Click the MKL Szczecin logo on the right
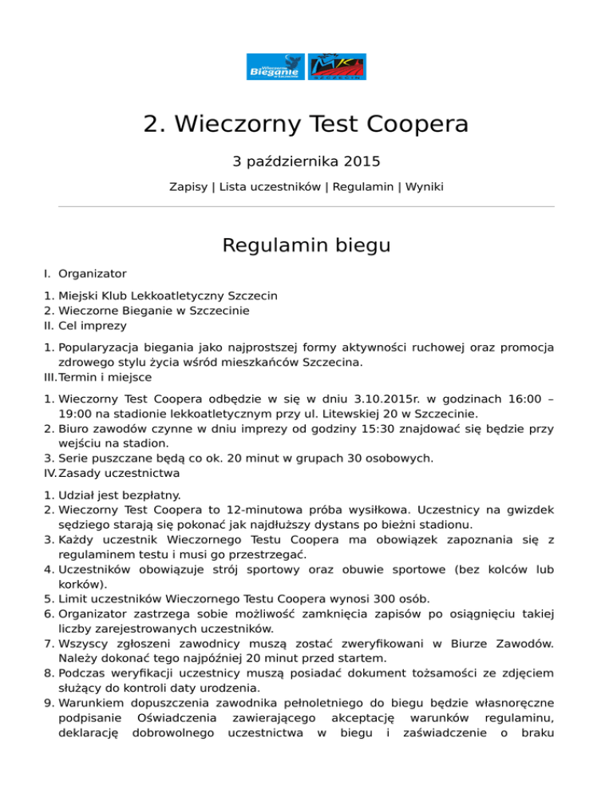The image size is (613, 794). pos(337,68)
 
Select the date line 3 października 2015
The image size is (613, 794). pos(306,161)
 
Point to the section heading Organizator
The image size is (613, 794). pos(93,273)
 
